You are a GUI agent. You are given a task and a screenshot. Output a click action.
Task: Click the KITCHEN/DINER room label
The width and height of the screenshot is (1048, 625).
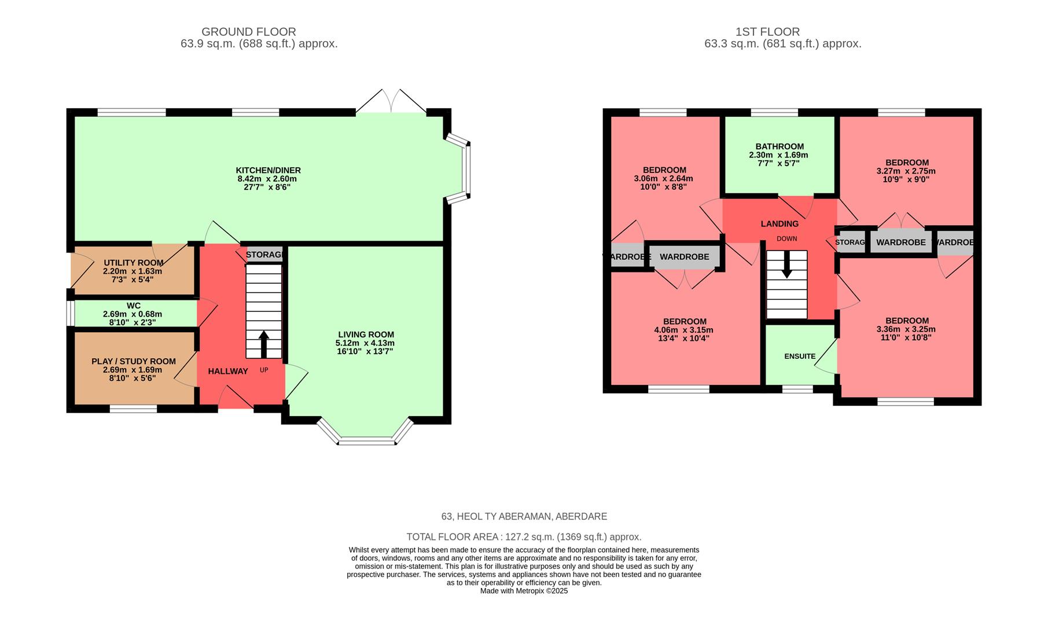coord(268,170)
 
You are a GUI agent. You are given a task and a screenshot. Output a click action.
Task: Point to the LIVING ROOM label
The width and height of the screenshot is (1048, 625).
coord(366,334)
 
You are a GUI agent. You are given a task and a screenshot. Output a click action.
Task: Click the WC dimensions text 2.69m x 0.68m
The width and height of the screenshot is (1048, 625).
coord(133,314)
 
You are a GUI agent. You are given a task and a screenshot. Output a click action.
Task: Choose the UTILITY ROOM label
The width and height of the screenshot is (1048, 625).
coord(133,263)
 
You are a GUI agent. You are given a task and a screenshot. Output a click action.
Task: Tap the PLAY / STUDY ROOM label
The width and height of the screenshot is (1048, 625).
coord(133,361)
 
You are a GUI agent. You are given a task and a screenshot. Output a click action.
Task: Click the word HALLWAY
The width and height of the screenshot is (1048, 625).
coord(228,371)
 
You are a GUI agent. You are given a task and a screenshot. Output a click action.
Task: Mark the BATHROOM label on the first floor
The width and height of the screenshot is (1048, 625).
coord(779,146)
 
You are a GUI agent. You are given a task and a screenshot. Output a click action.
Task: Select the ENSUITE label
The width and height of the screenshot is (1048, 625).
coord(800,356)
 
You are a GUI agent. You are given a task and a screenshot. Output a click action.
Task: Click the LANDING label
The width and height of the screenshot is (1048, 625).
coord(779,223)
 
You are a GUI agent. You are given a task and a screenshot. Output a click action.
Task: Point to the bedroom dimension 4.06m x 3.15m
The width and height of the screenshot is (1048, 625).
coord(685,330)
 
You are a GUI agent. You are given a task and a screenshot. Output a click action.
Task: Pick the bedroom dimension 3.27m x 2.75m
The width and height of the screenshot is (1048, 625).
coord(906,171)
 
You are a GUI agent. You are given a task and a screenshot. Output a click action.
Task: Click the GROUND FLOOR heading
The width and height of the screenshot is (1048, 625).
coord(248,32)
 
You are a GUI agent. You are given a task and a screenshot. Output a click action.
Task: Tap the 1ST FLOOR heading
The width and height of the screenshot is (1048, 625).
coord(767,32)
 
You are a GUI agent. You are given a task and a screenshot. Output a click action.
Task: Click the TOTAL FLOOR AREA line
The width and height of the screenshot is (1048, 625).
coord(524,536)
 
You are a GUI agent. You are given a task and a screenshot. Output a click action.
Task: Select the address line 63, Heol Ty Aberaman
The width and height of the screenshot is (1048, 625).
coord(524,516)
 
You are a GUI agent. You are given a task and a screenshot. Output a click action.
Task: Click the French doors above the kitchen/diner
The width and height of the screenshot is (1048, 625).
coord(391,102)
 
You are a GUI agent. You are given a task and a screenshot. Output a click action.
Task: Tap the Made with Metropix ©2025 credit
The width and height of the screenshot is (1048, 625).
coord(524,591)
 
